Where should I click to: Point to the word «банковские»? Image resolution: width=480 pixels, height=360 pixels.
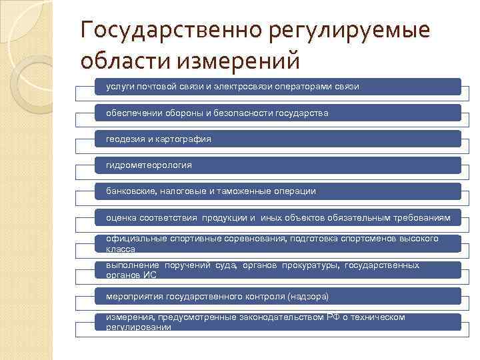pos(131,191)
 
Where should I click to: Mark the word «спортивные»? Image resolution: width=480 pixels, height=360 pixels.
pos(179,239)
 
